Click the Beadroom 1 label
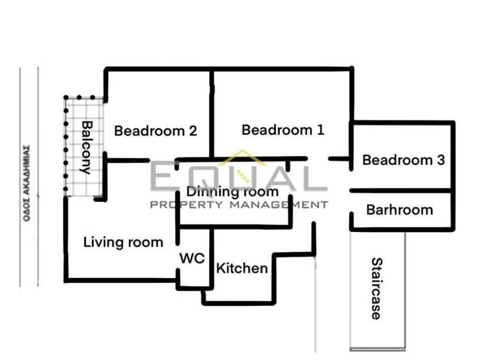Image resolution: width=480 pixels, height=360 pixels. coord(283,130)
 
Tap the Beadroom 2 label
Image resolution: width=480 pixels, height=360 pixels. coord(156,131)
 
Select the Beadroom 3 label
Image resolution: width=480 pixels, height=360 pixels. coord(404,160)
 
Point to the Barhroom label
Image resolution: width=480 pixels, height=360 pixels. coord(399,210)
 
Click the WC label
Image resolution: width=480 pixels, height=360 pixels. coord(192,258)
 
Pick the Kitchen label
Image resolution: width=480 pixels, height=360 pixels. coord(242,268)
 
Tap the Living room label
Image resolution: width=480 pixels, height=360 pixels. coord(123,242)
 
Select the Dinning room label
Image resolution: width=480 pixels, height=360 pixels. coord(232,192)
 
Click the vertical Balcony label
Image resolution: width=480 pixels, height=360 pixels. coord(87,148)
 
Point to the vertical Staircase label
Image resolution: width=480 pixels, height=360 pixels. coord(377,288)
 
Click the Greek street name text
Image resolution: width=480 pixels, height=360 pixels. coord(27,183)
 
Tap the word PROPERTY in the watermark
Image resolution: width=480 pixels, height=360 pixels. coord(187,205)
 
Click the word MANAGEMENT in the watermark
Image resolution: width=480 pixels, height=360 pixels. coord(279,205)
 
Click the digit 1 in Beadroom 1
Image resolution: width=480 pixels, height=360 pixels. coord(321,130)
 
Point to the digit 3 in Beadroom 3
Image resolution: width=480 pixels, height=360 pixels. coord(441,160)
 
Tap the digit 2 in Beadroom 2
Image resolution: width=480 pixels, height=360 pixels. coord(193,131)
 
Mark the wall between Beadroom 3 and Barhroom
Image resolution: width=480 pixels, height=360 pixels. coord(401,191)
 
